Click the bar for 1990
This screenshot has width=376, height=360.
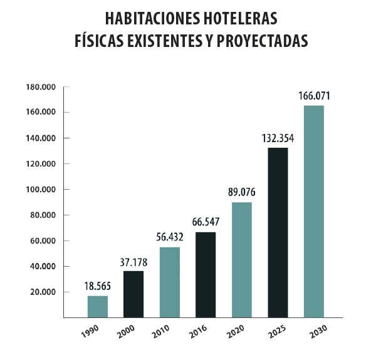tap(97, 306)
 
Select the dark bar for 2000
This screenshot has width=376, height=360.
tap(133, 294)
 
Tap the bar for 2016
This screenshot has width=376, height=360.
tap(206, 275)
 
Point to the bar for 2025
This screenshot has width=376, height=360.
tap(278, 232)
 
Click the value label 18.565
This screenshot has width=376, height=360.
tap(97, 287)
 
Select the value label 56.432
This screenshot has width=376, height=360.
tap(169, 238)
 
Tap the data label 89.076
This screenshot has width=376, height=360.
tap(241, 193)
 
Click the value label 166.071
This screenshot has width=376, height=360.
tap(314, 96)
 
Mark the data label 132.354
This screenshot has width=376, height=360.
tap(278, 138)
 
